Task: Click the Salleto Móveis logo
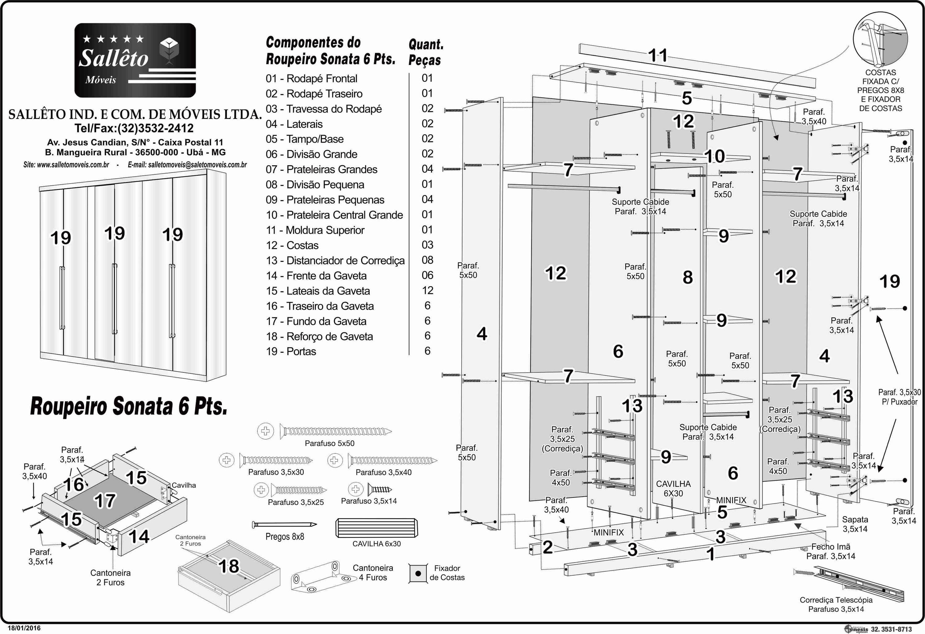[x=135, y=60]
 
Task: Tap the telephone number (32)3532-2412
[x=134, y=128]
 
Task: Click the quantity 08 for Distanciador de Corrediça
[x=427, y=260]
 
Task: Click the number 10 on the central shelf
[x=715, y=156]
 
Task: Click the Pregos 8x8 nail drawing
[x=284, y=525]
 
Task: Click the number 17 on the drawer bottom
[x=105, y=501]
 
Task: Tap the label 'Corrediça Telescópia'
[x=836, y=600]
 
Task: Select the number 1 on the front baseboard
[x=710, y=554]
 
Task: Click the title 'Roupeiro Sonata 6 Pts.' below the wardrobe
[x=129, y=406]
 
